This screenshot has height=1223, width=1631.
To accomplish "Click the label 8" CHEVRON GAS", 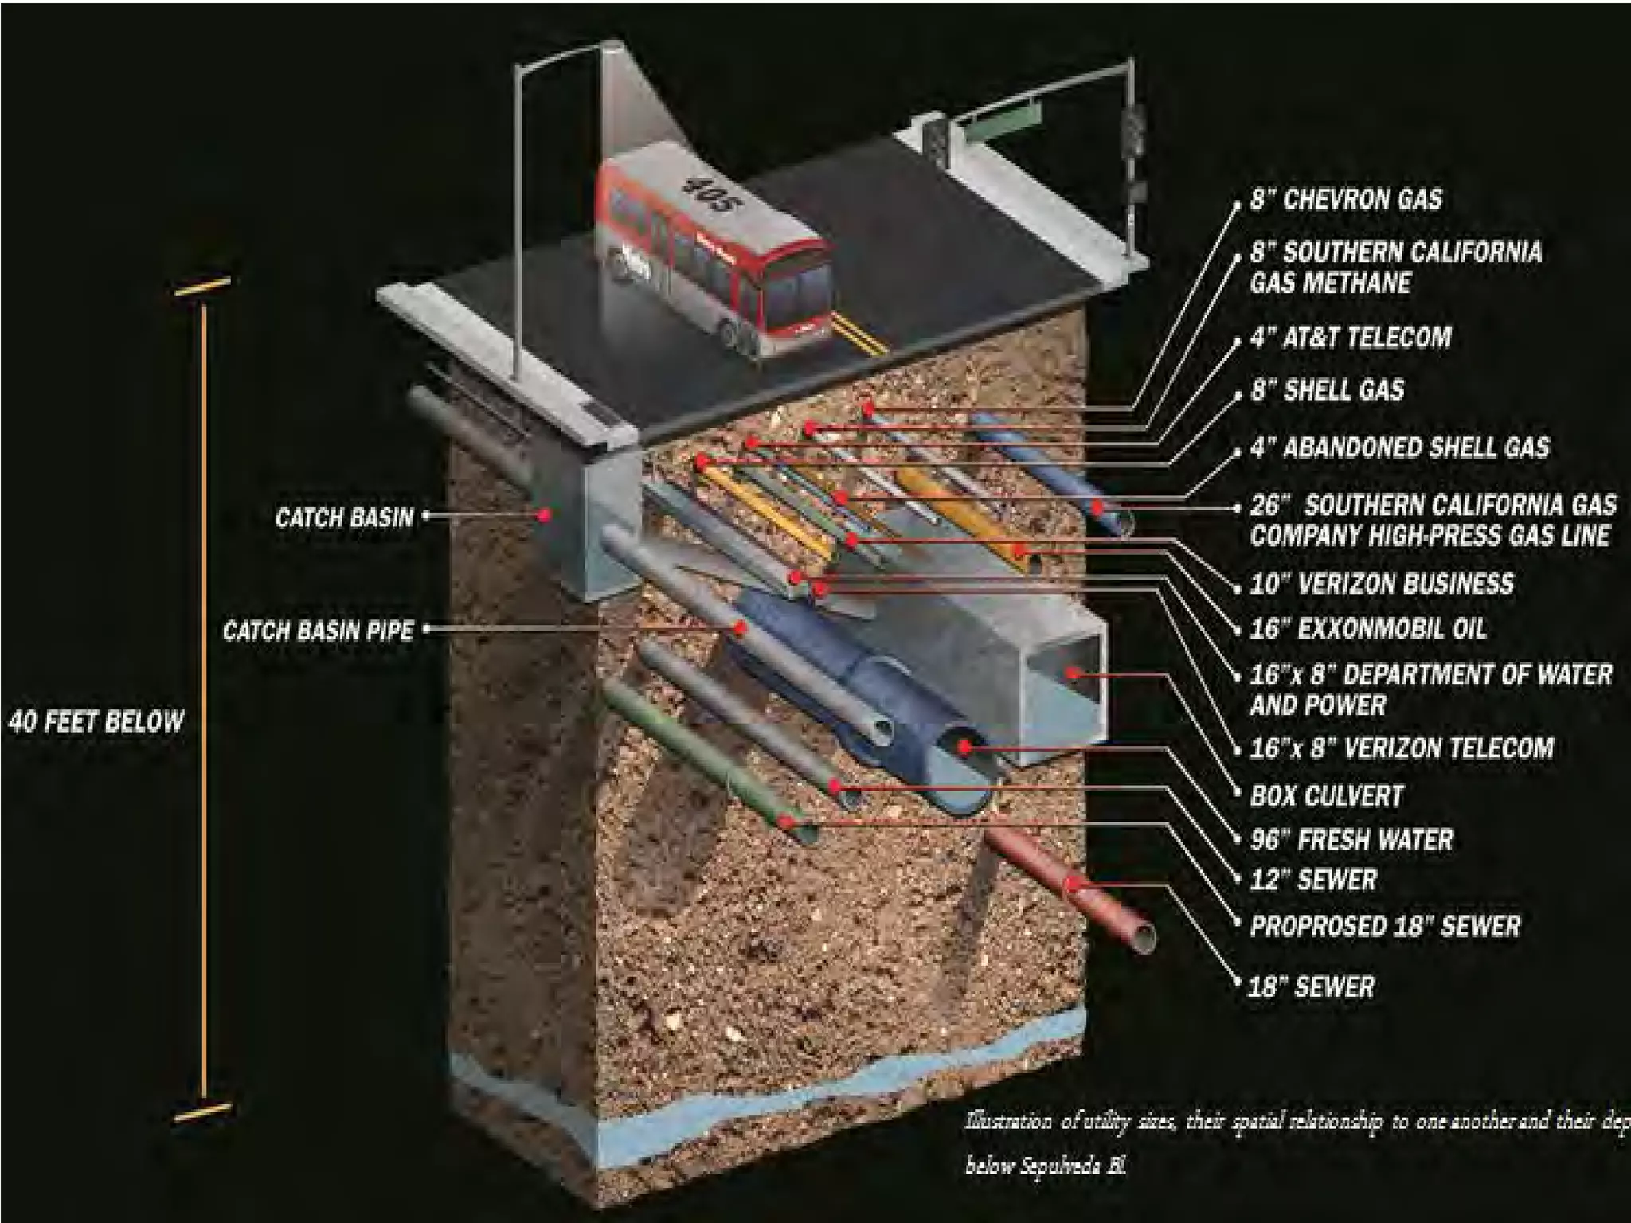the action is [1345, 199].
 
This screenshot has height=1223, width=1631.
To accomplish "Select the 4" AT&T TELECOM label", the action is [1351, 338].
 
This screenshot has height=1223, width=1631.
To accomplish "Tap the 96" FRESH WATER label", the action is [1351, 839].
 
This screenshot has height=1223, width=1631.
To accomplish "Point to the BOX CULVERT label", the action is [1326, 795].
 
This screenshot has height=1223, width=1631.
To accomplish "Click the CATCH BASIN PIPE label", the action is [318, 631].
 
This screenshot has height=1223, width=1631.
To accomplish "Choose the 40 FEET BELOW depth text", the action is [96, 721].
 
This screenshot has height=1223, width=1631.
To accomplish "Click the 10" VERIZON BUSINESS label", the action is [1381, 584].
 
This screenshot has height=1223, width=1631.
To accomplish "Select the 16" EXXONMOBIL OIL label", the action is [1367, 629].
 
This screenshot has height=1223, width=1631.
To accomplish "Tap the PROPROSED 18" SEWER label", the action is [1385, 926].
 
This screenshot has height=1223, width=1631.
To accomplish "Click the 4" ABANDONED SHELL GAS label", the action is [1399, 447].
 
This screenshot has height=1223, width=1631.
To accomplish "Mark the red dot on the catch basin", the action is [545, 515].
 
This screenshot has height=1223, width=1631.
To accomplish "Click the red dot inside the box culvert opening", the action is [1073, 674].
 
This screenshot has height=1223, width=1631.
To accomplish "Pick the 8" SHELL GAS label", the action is [1327, 390].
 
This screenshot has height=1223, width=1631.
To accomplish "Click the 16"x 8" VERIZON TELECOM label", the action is [1401, 748].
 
